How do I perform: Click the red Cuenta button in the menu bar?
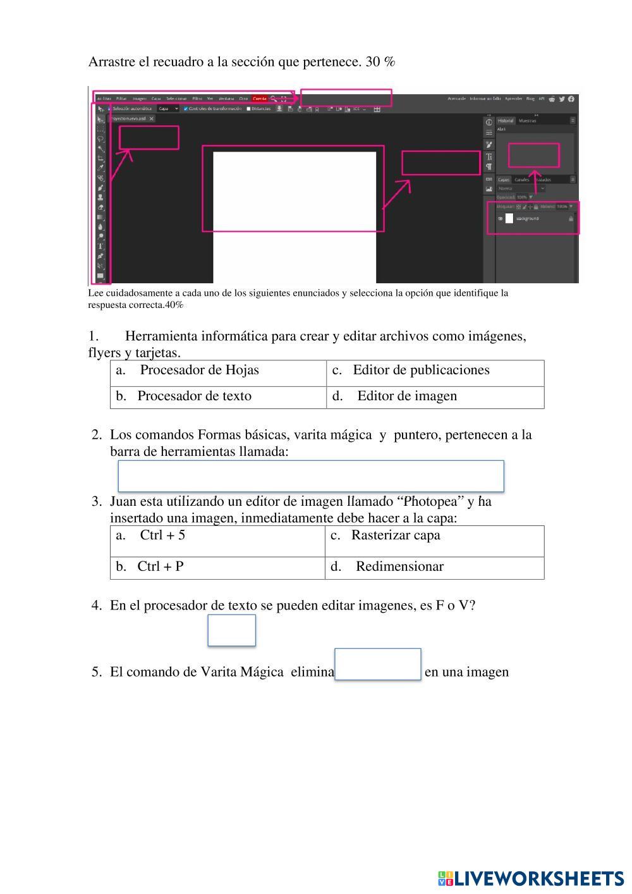[x=260, y=99]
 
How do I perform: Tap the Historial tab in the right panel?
[x=506, y=121]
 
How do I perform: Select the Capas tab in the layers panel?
[x=504, y=180]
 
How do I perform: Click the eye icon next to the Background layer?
[x=501, y=219]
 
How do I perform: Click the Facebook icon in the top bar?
[x=571, y=99]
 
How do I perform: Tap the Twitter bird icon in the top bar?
[x=562, y=99]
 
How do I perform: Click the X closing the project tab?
[x=152, y=118]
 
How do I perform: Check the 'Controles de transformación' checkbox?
[x=186, y=109]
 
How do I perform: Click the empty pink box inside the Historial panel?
[x=534, y=155]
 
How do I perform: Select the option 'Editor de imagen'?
[x=406, y=396]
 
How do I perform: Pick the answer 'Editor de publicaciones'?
[x=421, y=370]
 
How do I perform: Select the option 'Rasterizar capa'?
[x=396, y=536]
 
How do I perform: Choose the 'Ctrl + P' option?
[x=160, y=566]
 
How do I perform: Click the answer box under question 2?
[x=311, y=476]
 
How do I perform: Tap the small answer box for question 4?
[x=231, y=630]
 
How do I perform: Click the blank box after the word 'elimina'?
[x=378, y=664]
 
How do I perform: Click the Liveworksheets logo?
[x=530, y=878]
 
